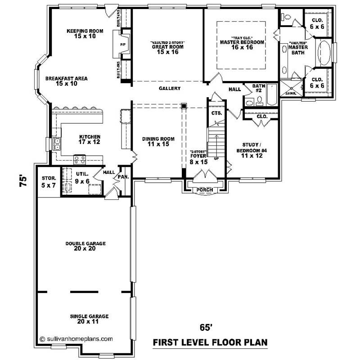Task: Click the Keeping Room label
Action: point(85,31)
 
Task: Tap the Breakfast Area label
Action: point(66,78)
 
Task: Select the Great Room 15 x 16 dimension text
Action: point(168,52)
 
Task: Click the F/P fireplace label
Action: point(122,45)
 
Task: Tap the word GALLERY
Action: point(169,89)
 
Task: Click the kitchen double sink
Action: point(58,144)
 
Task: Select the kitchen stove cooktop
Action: point(80,158)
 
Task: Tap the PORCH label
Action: point(205,189)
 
